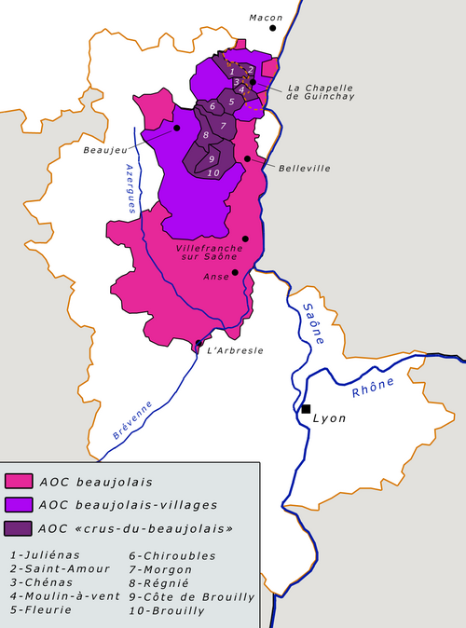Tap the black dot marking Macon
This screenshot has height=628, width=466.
point(273,28)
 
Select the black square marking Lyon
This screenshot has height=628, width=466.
point(306,409)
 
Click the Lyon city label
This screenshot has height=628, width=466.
point(330,418)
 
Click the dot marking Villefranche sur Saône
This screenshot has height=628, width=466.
point(245,239)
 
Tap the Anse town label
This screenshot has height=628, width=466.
point(215,276)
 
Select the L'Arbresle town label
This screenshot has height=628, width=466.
point(234,350)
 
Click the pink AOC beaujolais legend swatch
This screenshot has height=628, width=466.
point(19,482)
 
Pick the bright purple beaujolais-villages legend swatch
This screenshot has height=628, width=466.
point(19,505)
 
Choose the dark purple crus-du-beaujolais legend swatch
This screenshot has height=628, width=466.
point(19,527)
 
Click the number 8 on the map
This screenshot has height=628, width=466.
point(205,136)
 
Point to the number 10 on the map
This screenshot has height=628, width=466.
point(213,172)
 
